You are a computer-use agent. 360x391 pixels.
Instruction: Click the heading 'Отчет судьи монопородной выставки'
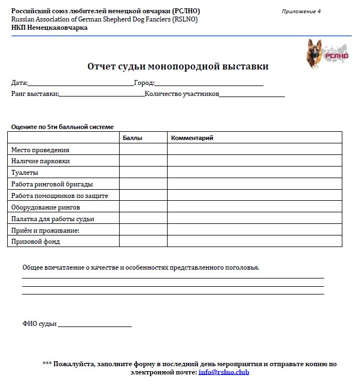click(178, 67)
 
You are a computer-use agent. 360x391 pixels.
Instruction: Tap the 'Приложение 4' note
click(301, 12)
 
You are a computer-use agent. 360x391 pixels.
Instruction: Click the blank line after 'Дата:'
click(80, 84)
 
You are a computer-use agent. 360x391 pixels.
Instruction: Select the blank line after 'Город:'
click(209, 84)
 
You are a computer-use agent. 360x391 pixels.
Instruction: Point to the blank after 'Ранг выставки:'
click(101, 95)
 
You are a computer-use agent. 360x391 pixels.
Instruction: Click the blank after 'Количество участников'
click(252, 95)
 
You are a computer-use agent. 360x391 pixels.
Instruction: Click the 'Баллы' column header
click(132, 138)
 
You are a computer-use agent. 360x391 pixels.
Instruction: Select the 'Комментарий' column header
click(192, 138)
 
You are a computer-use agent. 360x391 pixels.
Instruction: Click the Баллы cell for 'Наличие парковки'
click(143, 161)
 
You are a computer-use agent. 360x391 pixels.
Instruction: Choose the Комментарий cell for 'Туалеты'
click(254, 173)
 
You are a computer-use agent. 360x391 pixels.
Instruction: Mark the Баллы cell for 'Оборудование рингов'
click(143, 207)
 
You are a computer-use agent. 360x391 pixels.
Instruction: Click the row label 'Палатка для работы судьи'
click(52, 219)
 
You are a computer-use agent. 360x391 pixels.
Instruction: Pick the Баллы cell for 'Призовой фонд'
click(143, 242)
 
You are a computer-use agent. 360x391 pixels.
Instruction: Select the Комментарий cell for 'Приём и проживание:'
click(254, 230)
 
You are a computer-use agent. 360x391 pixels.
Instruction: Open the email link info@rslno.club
click(224, 373)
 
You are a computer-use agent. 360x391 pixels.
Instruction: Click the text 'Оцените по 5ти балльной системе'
click(62, 127)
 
